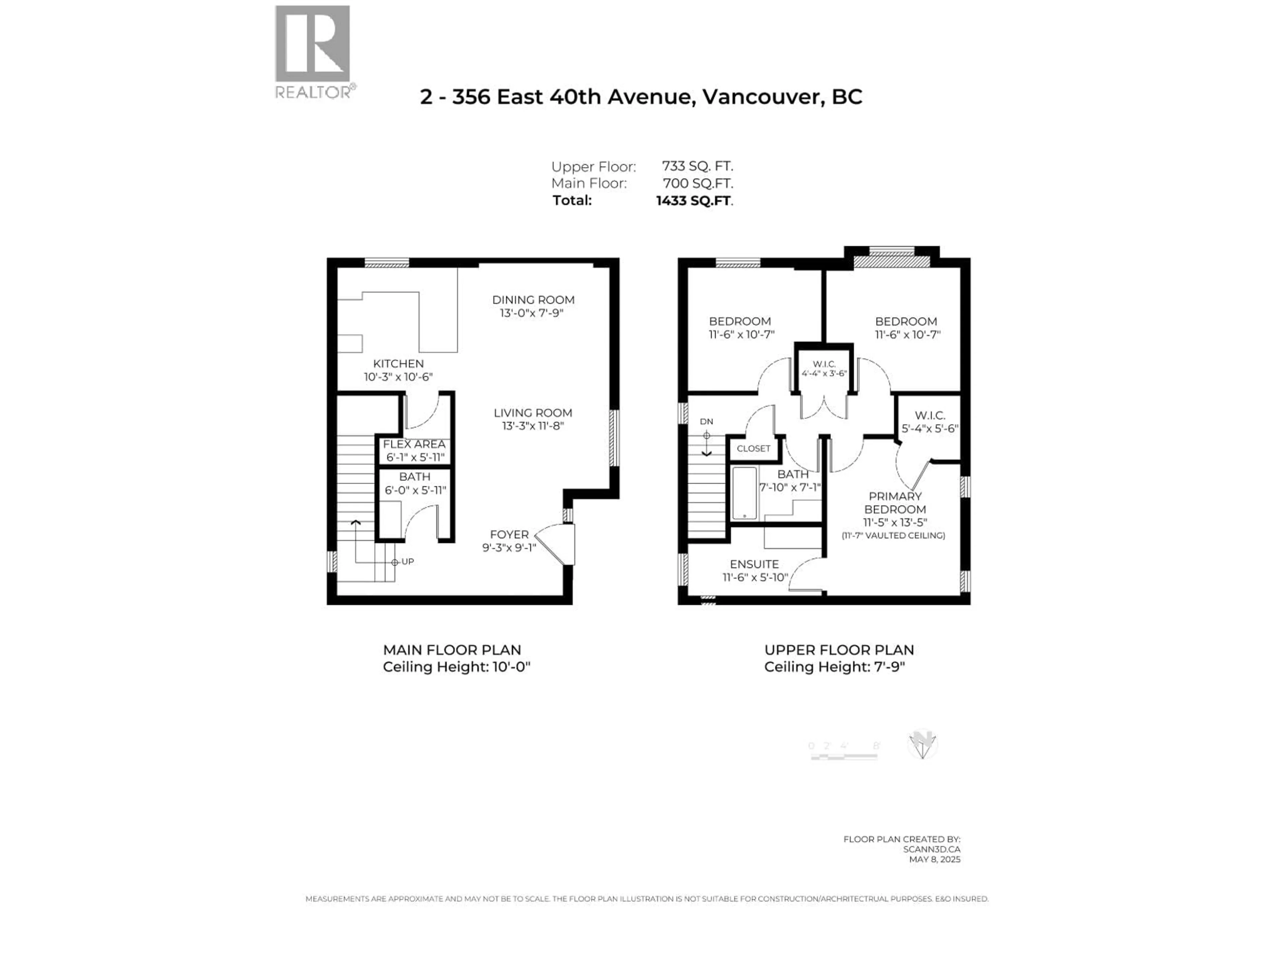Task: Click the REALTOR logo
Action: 313,52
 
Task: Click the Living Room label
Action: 533,413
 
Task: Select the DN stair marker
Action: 706,422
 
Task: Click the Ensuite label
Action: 754,564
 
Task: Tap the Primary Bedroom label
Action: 894,503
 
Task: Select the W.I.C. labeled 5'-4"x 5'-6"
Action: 930,422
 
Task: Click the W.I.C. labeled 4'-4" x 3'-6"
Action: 824,369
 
